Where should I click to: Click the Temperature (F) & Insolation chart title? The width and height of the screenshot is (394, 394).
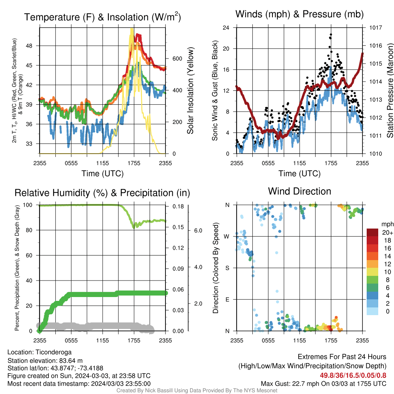102,17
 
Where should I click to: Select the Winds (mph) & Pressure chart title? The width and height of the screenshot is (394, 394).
299,14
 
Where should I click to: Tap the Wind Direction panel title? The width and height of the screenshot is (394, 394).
299,191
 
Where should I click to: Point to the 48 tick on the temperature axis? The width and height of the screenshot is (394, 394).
29,46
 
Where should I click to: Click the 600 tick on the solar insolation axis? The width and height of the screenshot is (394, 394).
177,58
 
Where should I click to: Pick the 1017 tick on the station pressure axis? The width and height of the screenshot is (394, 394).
376,27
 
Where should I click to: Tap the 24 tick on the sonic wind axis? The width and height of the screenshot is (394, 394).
226,27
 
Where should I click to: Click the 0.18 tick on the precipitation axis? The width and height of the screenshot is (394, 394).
178,206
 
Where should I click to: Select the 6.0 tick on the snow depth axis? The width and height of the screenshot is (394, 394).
198,230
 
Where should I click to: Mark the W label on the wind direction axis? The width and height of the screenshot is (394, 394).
227,237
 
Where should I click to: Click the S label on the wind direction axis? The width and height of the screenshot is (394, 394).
227,268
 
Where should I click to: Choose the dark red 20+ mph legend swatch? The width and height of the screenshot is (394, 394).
372,232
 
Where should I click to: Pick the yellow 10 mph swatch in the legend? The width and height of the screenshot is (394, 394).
372,272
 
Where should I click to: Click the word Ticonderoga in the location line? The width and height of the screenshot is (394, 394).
53,352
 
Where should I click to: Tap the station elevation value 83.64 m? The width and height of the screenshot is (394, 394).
71,361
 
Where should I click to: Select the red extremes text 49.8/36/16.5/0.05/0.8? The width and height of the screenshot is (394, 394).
353,376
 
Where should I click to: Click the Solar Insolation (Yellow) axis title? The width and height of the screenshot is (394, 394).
190,90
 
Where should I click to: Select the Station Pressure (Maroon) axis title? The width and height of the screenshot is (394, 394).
390,90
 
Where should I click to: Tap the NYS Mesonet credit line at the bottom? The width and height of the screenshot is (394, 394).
197,391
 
